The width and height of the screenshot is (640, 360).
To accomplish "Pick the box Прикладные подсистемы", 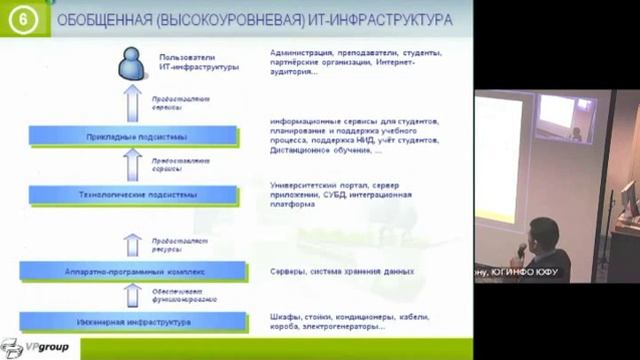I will tap(137, 136).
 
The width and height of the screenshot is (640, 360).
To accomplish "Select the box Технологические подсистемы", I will tap(138, 193).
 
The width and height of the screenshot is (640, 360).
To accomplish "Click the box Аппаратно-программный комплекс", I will tap(137, 270).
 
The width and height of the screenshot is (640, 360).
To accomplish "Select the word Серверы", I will tap(288, 271).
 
